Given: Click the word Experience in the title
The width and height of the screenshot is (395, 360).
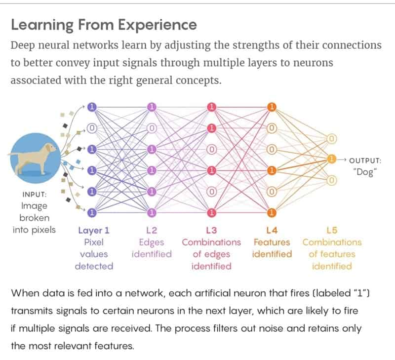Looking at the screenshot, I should coord(158,25).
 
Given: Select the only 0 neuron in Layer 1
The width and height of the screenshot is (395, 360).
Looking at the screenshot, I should coord(92,127).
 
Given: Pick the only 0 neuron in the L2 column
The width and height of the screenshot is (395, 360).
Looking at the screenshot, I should coord(152,127).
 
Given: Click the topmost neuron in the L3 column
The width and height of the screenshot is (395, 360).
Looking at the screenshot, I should coord(212,107).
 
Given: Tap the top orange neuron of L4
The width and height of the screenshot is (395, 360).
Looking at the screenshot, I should coord(271,107).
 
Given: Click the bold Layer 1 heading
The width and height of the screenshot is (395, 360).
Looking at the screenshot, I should coord(94,230).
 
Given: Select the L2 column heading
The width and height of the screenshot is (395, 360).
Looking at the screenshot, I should coord(152,230).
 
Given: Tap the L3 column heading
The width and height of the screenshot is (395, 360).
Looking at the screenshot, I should coord(211,230).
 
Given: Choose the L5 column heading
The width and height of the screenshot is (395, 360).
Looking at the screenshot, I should coord(332,230).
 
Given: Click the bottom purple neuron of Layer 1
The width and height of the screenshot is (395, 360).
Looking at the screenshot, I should coord(92,213).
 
